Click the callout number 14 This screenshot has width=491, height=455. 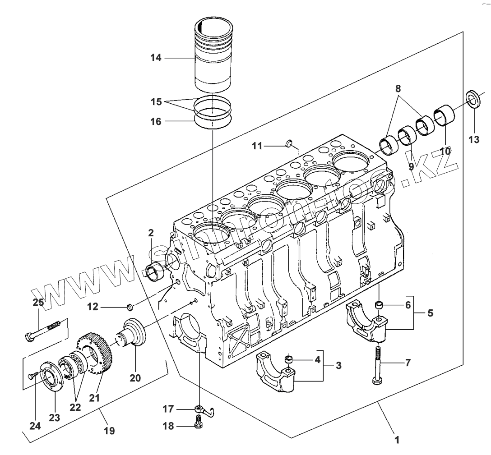[156, 58]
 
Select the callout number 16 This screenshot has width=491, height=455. [156, 121]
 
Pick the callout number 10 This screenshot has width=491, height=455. [445, 151]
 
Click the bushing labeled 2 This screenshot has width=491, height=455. [157, 272]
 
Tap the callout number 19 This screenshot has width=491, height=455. [109, 431]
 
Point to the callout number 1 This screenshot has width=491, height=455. [397, 440]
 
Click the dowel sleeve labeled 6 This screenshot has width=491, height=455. [380, 306]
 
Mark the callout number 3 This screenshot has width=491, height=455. [338, 366]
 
